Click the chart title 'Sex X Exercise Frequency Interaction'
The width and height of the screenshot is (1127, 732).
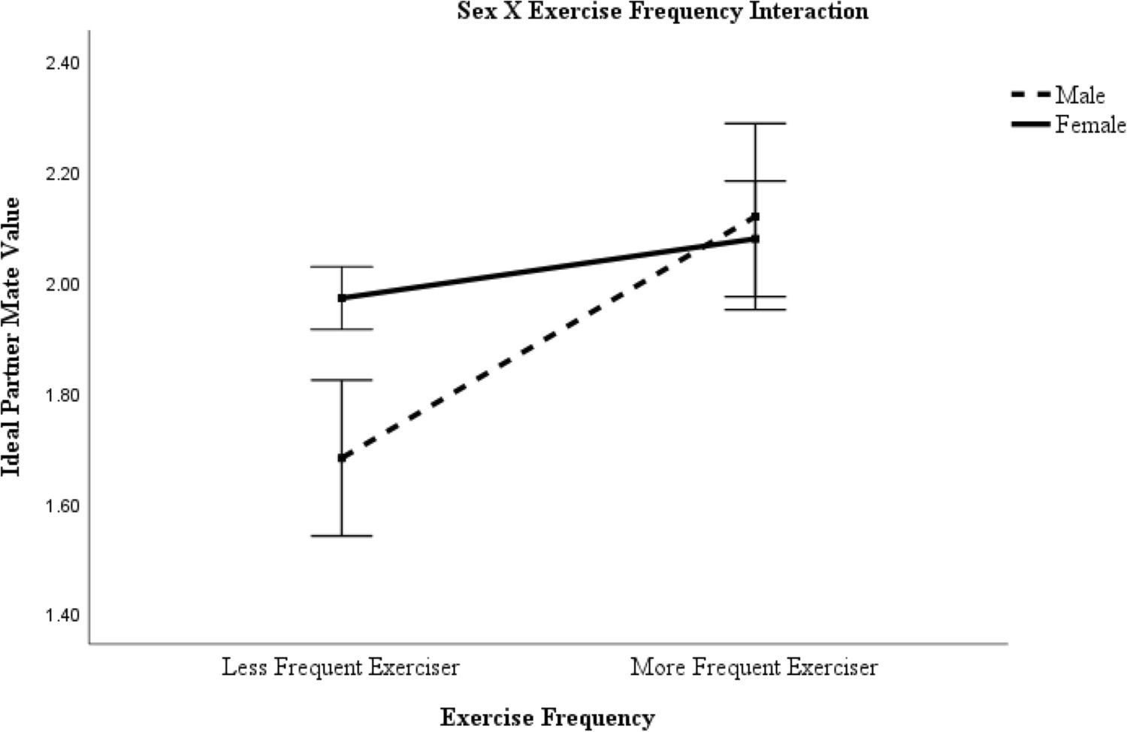click(663, 11)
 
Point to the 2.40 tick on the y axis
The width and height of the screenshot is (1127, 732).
click(62, 63)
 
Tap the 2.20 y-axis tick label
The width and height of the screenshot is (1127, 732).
click(62, 174)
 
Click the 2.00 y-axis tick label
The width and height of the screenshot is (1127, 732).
click(62, 284)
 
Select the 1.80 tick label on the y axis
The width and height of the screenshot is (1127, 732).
click(62, 395)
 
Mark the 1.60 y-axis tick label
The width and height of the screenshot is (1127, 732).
click(62, 506)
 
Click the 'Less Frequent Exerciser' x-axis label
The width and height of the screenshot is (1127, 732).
click(340, 667)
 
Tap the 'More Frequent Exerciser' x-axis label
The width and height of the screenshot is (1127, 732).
click(754, 667)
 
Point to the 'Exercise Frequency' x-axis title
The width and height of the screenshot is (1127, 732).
click(547, 718)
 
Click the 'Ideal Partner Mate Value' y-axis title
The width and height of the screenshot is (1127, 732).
click(11, 337)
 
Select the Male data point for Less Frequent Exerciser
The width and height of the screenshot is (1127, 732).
click(342, 458)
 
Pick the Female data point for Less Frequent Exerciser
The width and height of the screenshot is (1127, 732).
click(342, 298)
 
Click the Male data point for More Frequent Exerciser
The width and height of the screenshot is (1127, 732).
click(755, 216)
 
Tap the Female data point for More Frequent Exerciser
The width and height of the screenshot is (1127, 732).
click(755, 239)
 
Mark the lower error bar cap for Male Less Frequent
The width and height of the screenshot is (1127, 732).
click(342, 536)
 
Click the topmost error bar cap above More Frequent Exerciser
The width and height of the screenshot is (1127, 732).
click(755, 123)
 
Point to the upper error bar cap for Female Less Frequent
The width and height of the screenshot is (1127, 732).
click(342, 267)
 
